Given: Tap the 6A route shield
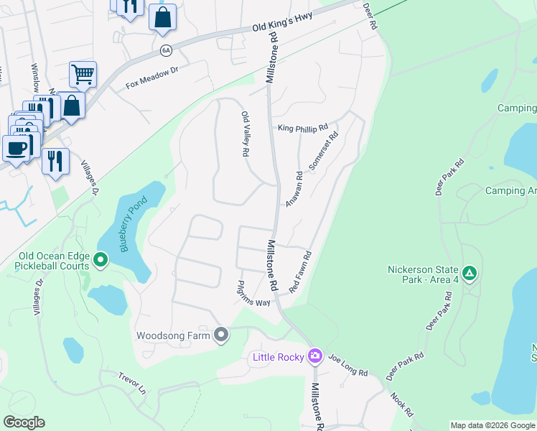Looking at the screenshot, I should click(x=166, y=50).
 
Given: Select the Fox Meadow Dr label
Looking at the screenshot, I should click(x=151, y=78).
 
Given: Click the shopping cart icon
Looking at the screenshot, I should click(x=83, y=73).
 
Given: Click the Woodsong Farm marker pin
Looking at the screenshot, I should click(x=221, y=335).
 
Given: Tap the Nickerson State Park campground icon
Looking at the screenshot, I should click(x=470, y=273).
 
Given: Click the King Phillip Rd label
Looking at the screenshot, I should click(x=302, y=128).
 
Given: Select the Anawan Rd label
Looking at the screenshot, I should click(x=294, y=189).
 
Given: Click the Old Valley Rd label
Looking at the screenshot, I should click(x=245, y=134).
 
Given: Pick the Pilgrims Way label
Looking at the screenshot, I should click(x=253, y=298).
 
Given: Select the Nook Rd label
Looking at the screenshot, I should click(x=402, y=405).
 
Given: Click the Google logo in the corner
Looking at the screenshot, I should click(x=24, y=422).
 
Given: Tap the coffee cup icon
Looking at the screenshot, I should click(x=16, y=148).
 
